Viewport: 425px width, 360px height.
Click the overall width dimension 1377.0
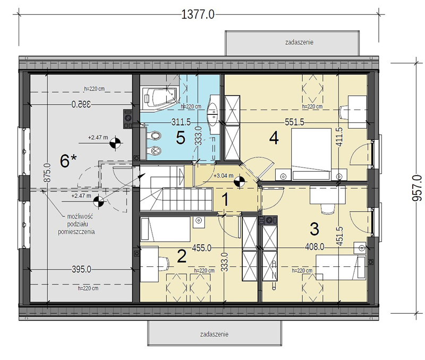(x=198, y=14)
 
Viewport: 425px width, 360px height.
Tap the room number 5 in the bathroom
(x=180, y=138)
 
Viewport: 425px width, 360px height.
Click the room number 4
(x=274, y=138)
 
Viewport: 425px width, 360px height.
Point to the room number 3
(x=314, y=229)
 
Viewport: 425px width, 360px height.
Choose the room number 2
(x=181, y=256)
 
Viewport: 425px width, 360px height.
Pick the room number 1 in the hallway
(x=225, y=200)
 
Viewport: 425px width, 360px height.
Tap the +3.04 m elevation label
(x=223, y=175)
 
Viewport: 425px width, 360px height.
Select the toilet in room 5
(x=155, y=135)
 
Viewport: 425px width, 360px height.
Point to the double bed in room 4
(x=311, y=154)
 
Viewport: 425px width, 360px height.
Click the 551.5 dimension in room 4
(x=294, y=122)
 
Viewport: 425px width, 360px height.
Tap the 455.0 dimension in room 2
(x=202, y=248)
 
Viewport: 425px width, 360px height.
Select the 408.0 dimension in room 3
(x=314, y=247)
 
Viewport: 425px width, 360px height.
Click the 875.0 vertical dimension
(x=47, y=173)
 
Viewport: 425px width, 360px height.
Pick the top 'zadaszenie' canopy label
(x=299, y=43)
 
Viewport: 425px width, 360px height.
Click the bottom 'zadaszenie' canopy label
(x=214, y=334)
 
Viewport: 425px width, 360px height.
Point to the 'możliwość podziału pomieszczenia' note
(x=76, y=224)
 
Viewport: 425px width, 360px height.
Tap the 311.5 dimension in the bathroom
(x=181, y=122)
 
